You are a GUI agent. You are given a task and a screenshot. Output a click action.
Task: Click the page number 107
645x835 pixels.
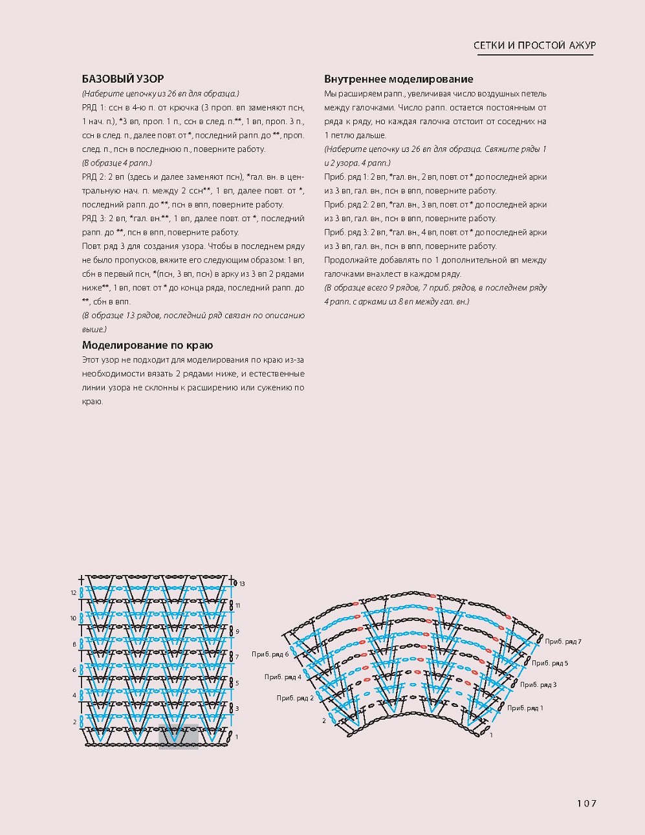point(586,803)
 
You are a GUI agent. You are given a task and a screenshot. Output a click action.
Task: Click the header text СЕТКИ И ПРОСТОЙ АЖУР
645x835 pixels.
point(534,45)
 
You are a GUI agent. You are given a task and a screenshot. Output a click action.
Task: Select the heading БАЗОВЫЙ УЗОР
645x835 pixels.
point(123,79)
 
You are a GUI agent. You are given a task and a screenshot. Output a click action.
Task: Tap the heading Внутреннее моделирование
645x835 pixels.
point(399,79)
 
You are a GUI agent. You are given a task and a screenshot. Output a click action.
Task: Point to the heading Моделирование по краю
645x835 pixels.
point(148,345)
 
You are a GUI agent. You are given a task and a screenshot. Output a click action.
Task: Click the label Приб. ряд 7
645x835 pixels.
point(563,642)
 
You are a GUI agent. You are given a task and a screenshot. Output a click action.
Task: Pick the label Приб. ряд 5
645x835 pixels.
point(550,663)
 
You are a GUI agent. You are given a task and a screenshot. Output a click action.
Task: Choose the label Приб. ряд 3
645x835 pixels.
point(538,684)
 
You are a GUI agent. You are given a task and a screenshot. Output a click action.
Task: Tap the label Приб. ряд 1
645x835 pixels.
point(525,708)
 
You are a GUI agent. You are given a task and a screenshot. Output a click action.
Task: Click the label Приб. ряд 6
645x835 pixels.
point(270,655)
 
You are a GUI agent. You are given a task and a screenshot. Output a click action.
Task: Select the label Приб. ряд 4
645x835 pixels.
point(283,677)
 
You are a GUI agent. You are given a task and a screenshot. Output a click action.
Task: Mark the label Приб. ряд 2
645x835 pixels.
point(295,698)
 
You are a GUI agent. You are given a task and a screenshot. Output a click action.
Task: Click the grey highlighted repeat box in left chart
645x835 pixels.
point(179,737)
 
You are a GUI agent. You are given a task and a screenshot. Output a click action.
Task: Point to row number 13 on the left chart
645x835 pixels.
point(242,584)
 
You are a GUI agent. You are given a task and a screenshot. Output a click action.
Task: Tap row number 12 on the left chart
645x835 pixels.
point(74,592)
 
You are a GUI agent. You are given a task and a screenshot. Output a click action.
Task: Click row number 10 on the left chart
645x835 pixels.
point(74,618)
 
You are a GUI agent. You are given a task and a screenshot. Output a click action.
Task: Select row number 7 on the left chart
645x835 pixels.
point(237,656)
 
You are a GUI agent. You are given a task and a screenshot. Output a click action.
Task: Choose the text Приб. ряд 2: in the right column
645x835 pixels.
point(345,204)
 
